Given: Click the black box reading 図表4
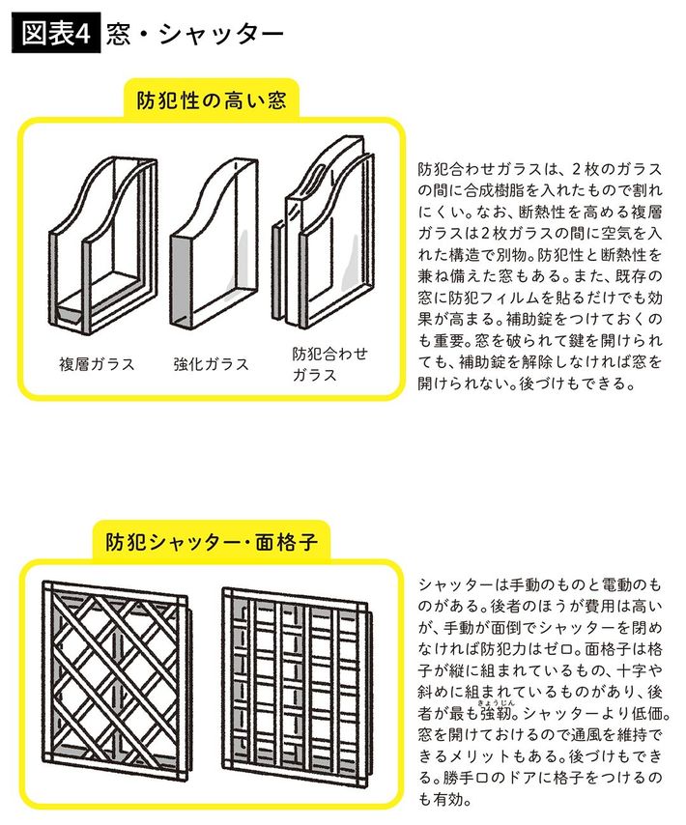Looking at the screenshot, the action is coord(56,35).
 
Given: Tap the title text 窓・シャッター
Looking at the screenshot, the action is coord(194,35).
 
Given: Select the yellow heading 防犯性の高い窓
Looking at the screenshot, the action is coord(212,100).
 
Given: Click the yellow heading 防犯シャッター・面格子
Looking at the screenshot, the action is coord(212,541).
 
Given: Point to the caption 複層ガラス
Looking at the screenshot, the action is coord(97,364).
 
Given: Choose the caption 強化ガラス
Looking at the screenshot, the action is coord(211,364).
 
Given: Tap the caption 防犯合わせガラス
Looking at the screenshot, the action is coord(329,364).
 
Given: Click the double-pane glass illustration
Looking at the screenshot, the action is coord(103,245).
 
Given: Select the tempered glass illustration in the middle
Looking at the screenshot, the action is coord(214,243).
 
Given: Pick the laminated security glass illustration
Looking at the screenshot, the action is coord(324,232).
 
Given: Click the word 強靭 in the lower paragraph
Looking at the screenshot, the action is coord(495,714).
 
